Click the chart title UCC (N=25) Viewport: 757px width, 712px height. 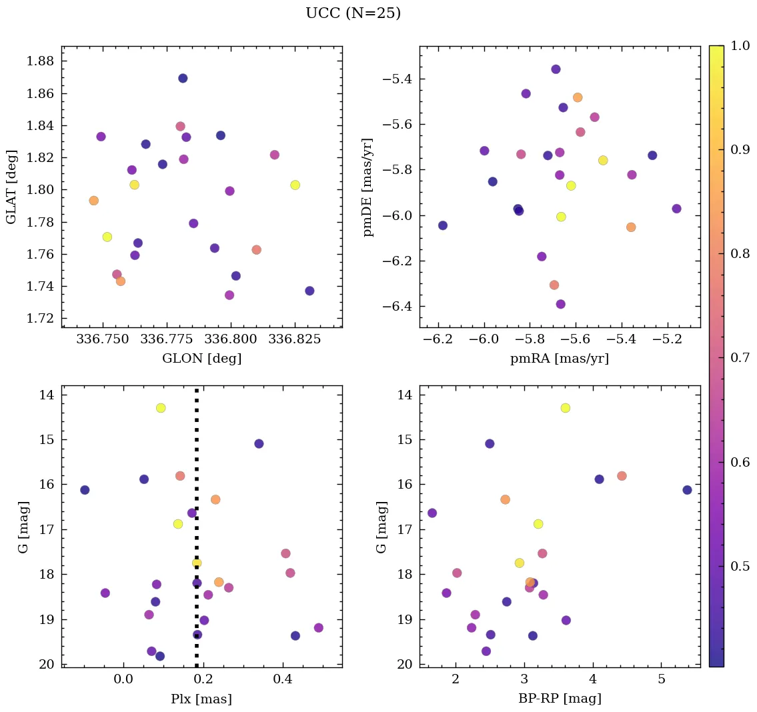[353, 13]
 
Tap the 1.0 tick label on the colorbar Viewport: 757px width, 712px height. [740, 46]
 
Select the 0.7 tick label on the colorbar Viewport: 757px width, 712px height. [740, 358]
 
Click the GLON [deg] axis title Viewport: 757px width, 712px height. [201, 359]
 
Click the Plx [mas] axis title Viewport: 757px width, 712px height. [201, 699]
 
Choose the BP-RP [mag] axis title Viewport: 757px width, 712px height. [560, 699]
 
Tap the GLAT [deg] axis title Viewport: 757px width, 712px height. [11, 187]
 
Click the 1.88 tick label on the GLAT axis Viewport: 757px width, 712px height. [40, 61]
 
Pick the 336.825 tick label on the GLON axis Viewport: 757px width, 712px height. [295, 339]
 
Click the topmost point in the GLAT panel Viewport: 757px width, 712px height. [183, 78]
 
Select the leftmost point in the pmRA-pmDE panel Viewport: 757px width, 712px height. [442, 225]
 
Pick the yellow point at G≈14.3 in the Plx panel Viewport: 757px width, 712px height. [161, 408]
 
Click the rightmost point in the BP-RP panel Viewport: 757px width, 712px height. [687, 490]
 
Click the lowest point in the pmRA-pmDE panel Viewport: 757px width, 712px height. [560, 304]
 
